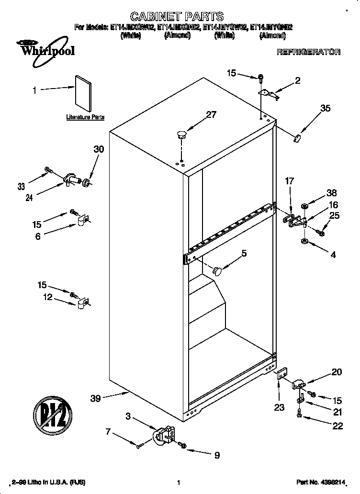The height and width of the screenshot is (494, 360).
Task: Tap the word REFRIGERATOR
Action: pos(308,52)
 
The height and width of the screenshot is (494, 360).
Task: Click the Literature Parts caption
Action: pos(85,117)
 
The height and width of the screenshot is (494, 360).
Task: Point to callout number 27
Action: pos(211,115)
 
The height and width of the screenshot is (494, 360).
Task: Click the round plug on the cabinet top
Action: pos(181,134)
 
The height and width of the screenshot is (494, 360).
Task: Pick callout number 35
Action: pos(325,109)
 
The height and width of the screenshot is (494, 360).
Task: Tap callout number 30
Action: pos(98,149)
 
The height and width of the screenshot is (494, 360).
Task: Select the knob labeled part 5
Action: pos(218,271)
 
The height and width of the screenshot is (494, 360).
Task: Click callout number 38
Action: pos(331,193)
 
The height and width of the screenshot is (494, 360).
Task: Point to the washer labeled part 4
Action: pos(304,240)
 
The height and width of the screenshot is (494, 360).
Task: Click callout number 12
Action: pos(48,298)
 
